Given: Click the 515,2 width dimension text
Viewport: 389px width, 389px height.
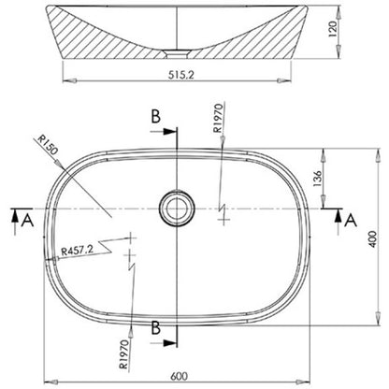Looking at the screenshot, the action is point(181,75).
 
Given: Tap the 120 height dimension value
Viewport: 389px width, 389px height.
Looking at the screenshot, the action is point(333,29).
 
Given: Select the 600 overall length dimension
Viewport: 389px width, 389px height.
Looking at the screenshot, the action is point(180,376).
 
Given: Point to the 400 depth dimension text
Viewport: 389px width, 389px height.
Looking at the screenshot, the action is point(373,239).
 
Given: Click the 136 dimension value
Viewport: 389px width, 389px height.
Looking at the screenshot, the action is point(317,179).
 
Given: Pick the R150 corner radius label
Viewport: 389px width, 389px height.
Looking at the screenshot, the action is point(48,144).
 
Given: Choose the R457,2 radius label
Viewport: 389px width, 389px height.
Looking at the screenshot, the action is point(77,251).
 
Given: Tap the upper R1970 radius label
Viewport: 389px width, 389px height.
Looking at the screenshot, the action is point(219,118).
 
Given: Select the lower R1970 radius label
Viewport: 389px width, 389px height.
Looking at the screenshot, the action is point(123,354).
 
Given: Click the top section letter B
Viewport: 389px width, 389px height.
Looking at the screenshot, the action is point(156,117).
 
